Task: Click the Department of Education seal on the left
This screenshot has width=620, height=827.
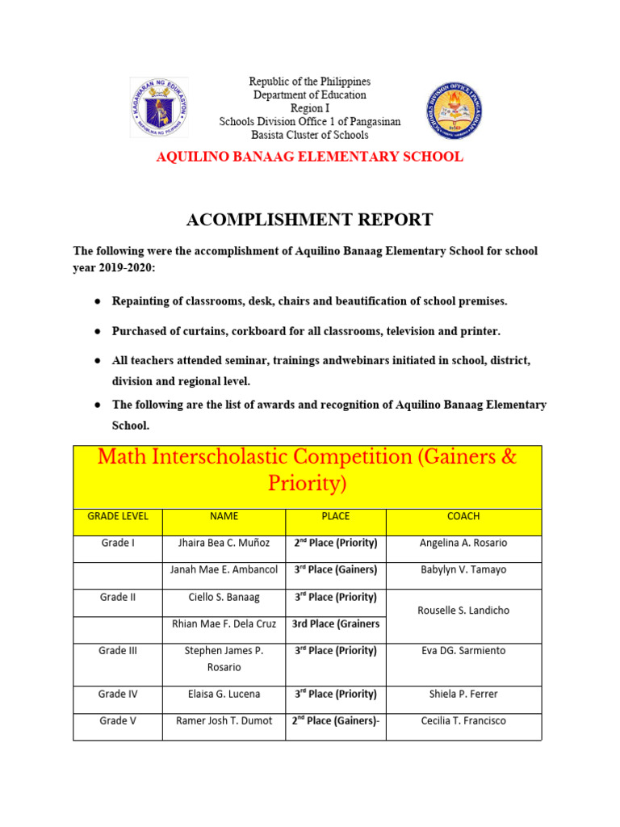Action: (x=159, y=107)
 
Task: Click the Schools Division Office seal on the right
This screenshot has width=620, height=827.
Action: (x=455, y=111)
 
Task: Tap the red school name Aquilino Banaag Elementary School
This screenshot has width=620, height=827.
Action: (x=309, y=157)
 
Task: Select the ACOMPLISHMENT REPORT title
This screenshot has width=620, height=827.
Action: (x=309, y=220)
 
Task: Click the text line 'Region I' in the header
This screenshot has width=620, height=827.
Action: (x=309, y=108)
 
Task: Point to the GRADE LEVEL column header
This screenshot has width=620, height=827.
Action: (x=118, y=516)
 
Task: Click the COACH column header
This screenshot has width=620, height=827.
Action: (x=463, y=516)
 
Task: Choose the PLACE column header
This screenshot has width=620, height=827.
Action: (x=334, y=516)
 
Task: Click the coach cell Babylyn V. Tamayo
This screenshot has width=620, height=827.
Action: (x=463, y=569)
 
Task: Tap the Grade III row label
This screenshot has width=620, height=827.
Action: (x=118, y=651)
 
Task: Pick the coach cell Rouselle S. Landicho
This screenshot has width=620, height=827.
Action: (x=463, y=611)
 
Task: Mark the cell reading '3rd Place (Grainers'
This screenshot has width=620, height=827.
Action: (x=334, y=623)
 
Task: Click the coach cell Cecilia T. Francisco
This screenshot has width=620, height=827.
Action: (x=463, y=720)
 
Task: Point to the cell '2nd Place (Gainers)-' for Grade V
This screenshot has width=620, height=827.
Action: (x=334, y=720)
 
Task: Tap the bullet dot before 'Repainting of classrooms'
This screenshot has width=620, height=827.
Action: (x=97, y=301)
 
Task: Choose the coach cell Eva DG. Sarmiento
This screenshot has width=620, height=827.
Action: (x=463, y=651)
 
